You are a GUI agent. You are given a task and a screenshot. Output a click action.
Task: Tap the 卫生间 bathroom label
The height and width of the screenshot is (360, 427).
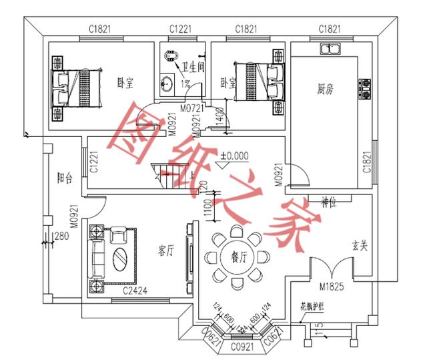[x=194, y=68]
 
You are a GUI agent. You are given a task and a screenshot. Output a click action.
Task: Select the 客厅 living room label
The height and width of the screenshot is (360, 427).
[x=165, y=251]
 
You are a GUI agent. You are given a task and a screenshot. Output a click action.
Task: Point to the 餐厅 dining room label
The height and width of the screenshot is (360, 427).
[x=238, y=256]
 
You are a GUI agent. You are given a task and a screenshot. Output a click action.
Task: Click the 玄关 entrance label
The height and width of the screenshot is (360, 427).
[x=360, y=245]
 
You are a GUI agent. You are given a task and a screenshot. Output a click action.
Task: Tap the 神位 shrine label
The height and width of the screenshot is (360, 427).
[x=327, y=200]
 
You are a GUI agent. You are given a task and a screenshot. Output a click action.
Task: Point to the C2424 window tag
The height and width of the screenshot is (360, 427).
[x=135, y=291]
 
